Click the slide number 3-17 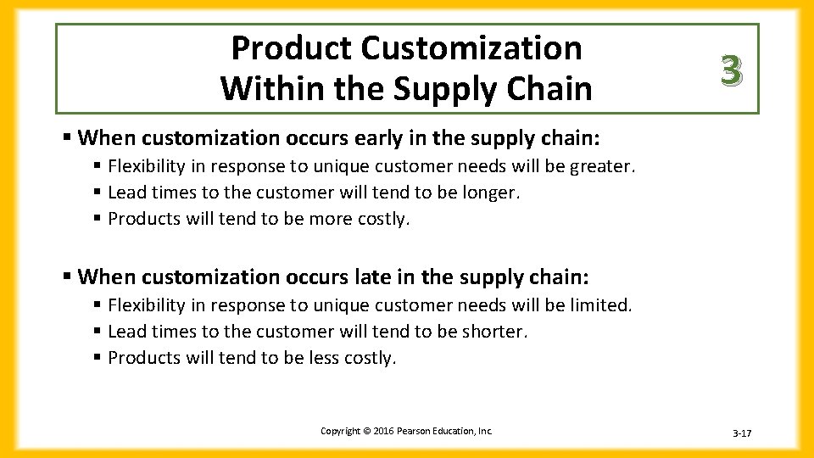pos(741,434)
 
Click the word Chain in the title pos(549,88)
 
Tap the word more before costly pos(321,219)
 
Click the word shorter pos(494,332)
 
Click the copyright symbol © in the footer pos(367,432)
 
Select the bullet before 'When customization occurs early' pos(67,137)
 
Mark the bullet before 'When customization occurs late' pos(67,277)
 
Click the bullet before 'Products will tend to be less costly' pos(98,358)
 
